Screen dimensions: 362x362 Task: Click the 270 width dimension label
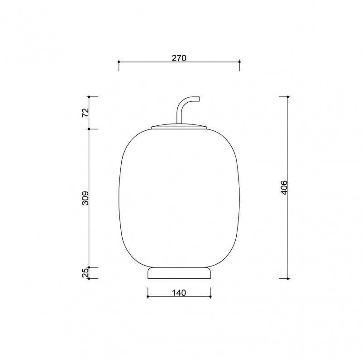pos(179,58)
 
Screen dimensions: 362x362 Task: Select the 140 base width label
pos(179,293)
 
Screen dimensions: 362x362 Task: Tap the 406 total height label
pos(285,188)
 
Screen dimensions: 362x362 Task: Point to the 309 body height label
pos(86,198)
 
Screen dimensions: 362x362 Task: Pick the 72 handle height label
pos(86,112)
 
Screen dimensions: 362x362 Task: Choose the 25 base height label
pos(86,273)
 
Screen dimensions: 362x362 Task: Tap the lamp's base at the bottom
pos(179,273)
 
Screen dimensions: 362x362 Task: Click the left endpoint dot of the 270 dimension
pos(119,62)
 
